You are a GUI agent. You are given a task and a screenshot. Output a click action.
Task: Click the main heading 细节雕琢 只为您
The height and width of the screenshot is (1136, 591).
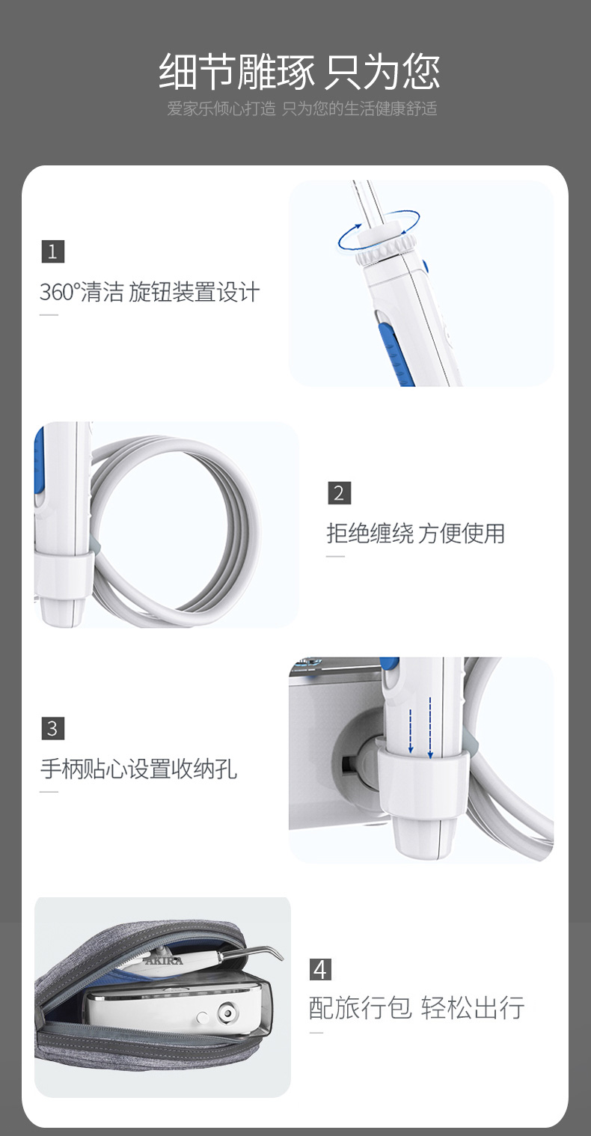[x=299, y=72]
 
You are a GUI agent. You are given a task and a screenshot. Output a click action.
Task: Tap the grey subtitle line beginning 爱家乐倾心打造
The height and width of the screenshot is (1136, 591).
[x=302, y=109]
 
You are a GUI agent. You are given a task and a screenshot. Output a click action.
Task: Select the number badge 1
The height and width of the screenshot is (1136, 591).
[x=52, y=251]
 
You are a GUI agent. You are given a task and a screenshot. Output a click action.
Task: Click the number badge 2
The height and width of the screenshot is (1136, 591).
[x=339, y=493]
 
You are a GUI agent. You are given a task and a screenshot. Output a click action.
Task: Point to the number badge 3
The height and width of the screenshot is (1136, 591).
[x=52, y=728]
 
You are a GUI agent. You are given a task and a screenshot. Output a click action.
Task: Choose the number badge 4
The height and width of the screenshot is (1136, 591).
[x=320, y=969]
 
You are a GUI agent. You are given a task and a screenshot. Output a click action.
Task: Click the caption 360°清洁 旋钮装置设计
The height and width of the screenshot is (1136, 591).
[x=150, y=292]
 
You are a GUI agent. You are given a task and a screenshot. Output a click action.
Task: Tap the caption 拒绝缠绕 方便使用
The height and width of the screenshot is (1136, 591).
[x=416, y=534]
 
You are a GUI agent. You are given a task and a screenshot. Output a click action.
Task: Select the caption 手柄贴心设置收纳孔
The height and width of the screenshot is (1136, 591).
[x=139, y=769]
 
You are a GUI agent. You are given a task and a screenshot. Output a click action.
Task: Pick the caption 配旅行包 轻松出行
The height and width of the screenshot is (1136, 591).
[x=417, y=1007]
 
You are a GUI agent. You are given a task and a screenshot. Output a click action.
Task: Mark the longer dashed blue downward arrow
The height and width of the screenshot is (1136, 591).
[x=430, y=727]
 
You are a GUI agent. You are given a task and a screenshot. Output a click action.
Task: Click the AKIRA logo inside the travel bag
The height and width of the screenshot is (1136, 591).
[x=164, y=961]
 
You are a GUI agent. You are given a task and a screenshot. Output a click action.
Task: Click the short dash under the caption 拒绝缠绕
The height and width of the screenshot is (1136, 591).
[x=335, y=556]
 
